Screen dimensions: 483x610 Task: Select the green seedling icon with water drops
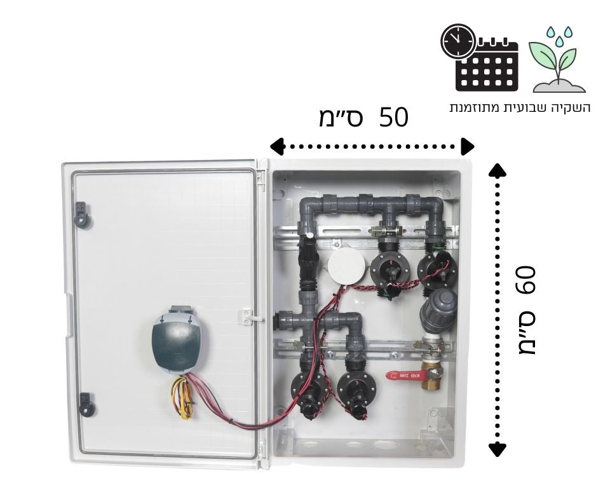(559, 60)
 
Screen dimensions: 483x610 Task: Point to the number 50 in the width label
(393, 118)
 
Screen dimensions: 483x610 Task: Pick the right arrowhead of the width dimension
(468, 147)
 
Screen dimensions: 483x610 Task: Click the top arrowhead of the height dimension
(498, 170)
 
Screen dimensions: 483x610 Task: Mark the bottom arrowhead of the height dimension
(498, 449)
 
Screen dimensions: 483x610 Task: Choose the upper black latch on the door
(82, 215)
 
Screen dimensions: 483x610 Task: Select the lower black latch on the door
(85, 404)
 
